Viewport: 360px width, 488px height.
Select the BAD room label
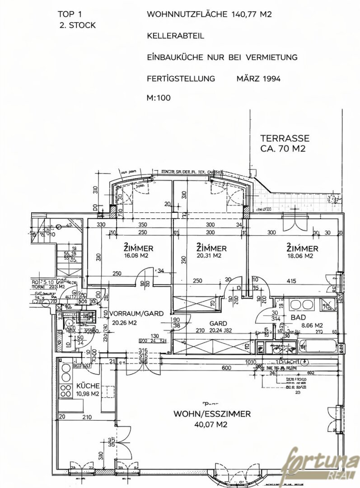pos(298,318)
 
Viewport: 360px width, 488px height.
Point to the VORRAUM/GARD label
pos(130,313)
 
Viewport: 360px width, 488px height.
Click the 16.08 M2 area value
pos(138,256)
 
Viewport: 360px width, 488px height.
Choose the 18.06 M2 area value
pos(302,256)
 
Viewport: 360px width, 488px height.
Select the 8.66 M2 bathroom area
pos(313,325)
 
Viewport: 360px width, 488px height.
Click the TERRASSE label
pos(285,138)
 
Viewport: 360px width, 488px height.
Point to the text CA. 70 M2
pos(283,148)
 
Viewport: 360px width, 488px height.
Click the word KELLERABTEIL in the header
pos(176,36)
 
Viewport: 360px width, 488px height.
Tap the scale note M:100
pos(159,98)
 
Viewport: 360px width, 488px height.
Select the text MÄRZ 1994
pos(258,79)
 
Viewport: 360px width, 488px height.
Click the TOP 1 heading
pos(70,14)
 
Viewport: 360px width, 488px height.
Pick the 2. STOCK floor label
pos(77,25)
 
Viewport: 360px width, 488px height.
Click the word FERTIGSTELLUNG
pos(181,79)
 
